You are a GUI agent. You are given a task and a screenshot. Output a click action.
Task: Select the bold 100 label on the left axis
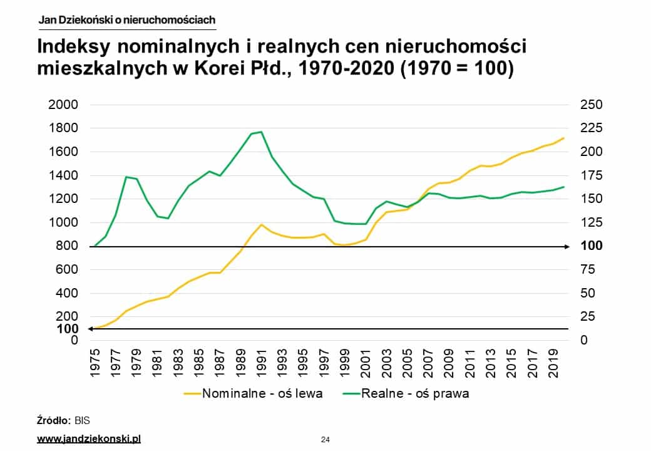point(67,329)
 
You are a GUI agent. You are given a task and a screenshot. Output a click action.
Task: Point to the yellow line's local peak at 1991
point(262,224)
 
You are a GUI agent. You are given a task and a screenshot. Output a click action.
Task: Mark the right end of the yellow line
point(564,138)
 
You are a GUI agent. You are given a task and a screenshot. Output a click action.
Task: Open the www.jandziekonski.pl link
point(89,439)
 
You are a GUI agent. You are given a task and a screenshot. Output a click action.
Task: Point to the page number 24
point(325,440)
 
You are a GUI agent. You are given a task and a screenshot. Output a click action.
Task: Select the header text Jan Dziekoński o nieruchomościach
point(127,20)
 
